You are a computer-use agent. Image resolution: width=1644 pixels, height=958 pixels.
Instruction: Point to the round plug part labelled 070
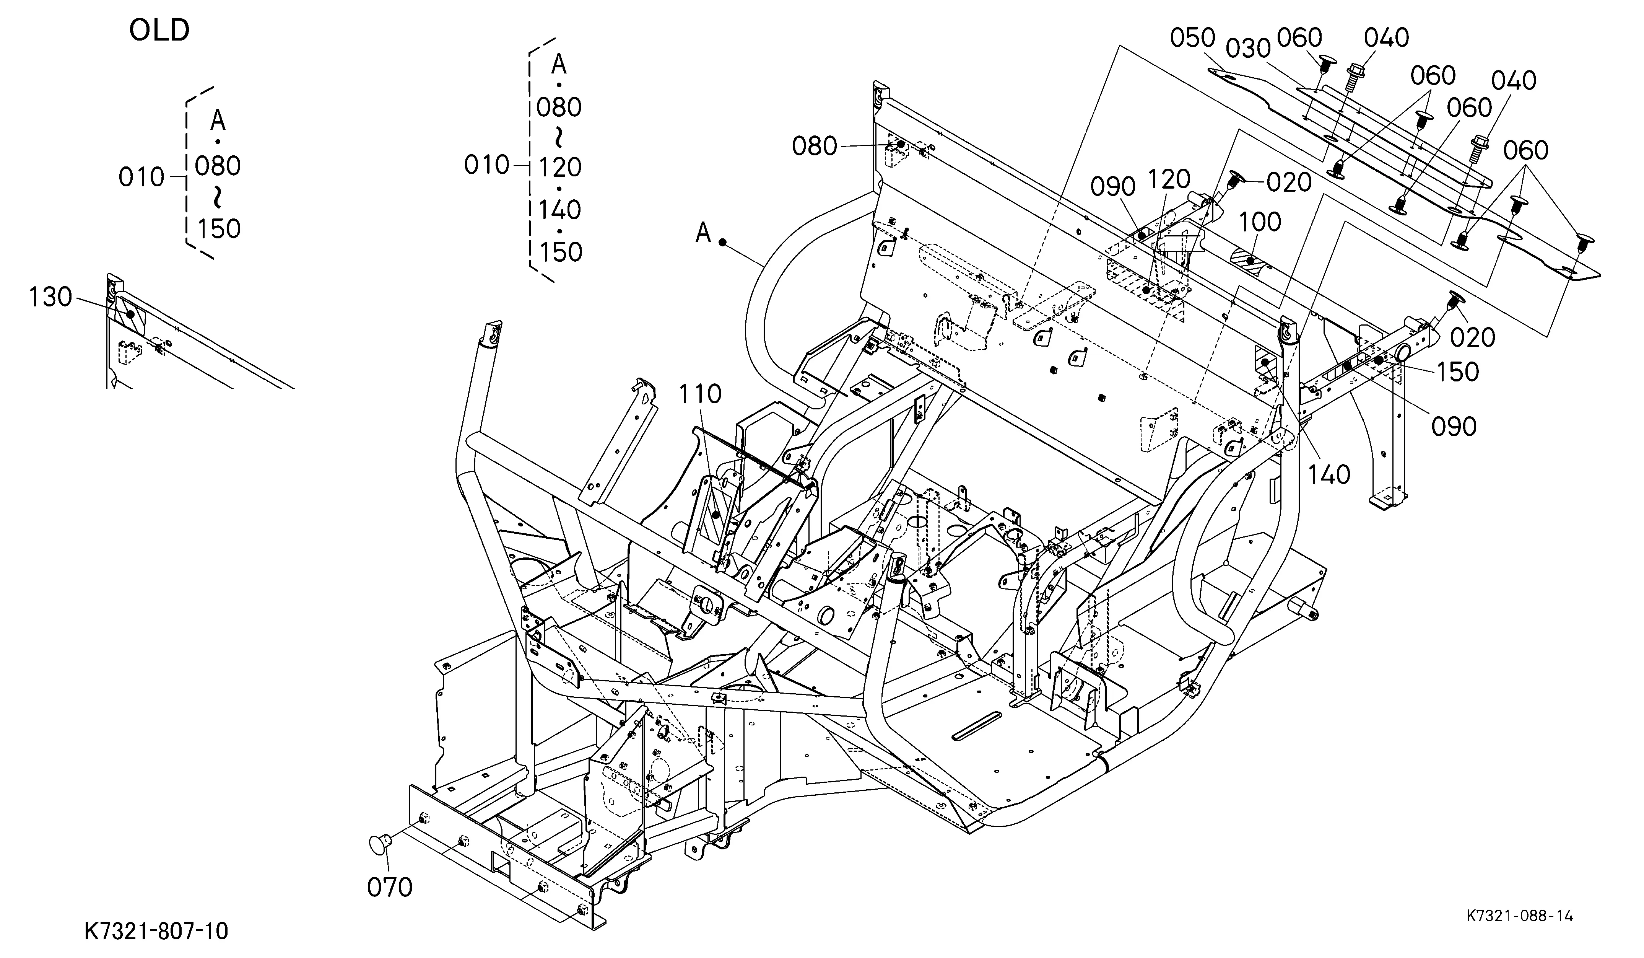point(381,844)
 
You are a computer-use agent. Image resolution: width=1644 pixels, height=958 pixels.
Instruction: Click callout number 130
point(50,298)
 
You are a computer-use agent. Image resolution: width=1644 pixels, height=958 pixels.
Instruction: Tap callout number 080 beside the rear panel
point(814,146)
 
